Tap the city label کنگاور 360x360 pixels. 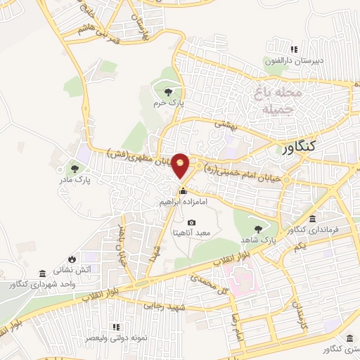[x=303, y=149]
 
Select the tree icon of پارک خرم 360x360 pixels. [x=168, y=92]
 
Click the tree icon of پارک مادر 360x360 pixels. [x=75, y=168]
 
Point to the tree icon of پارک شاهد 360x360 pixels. [x=260, y=229]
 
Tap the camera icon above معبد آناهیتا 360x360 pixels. [x=192, y=223]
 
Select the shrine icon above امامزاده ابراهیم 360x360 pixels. [x=183, y=191]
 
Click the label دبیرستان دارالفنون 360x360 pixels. [x=294, y=60]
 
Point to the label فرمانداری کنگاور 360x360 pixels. [x=314, y=229]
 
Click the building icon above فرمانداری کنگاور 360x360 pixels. [x=311, y=219]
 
